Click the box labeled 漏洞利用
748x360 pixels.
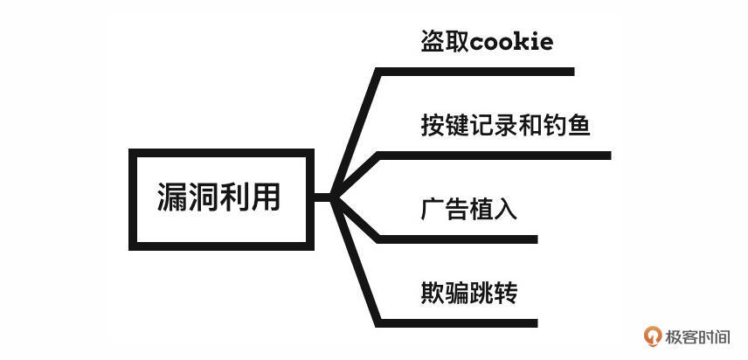(x=220, y=197)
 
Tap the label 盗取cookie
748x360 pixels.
(x=487, y=42)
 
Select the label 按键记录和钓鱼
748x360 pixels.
(x=506, y=126)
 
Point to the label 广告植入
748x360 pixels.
(x=469, y=210)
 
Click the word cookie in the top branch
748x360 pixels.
(x=512, y=42)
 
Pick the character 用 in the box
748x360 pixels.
(x=267, y=197)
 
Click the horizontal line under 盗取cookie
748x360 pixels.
(x=476, y=72)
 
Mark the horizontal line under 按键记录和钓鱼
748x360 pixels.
(x=495, y=156)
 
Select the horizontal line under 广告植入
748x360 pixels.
(x=458, y=239)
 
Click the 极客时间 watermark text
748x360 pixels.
(x=699, y=336)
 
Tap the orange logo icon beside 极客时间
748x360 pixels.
(x=652, y=336)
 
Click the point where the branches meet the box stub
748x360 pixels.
(x=335, y=197)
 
